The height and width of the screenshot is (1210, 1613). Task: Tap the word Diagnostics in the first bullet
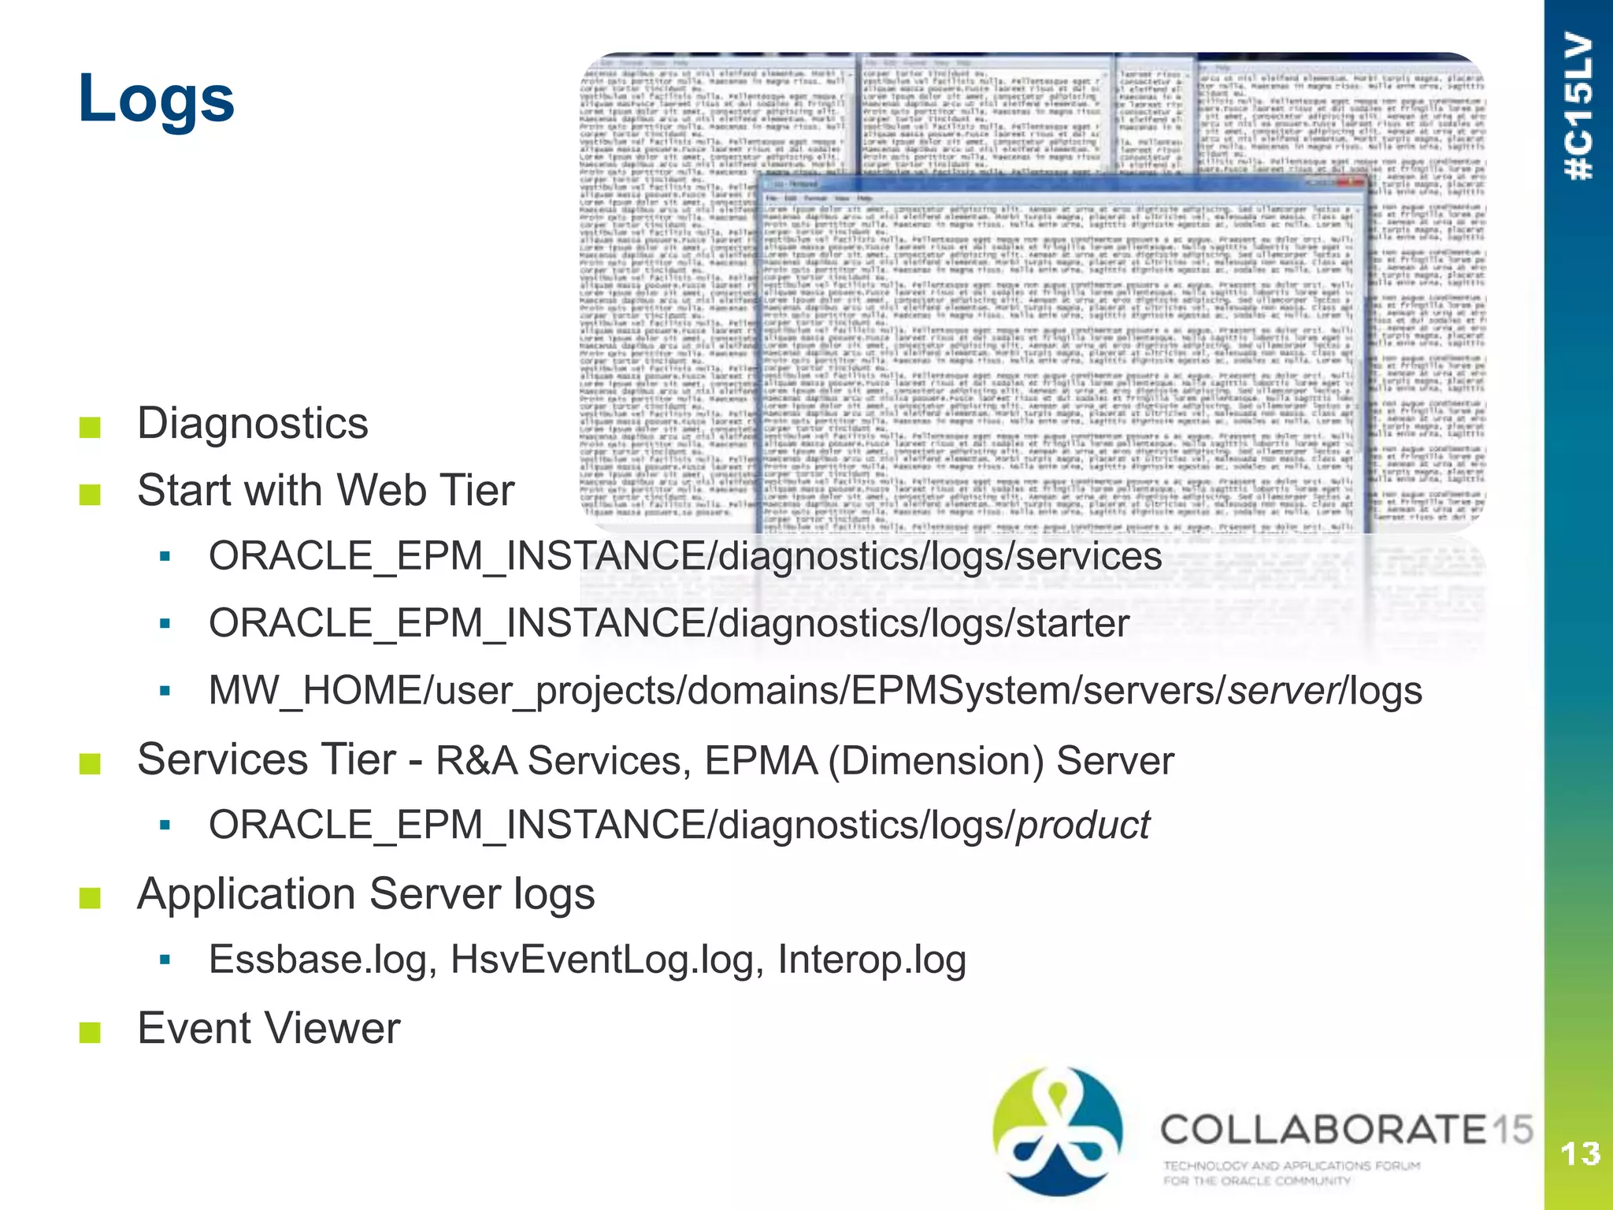coord(252,423)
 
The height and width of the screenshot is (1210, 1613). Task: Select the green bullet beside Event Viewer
coord(90,1031)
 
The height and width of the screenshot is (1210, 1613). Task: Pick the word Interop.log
coord(871,959)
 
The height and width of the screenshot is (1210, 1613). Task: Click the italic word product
coord(1083,826)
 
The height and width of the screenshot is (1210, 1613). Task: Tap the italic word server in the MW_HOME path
coord(1283,691)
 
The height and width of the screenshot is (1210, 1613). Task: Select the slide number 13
coord(1580,1154)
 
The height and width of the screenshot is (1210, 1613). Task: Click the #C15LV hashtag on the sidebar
coord(1579,106)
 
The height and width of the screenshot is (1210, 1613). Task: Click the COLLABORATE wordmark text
coord(1323,1130)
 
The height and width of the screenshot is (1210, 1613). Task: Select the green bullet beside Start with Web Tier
coord(90,494)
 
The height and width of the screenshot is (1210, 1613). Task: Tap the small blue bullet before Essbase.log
coord(165,959)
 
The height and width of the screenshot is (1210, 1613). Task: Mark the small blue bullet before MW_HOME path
coord(165,691)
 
